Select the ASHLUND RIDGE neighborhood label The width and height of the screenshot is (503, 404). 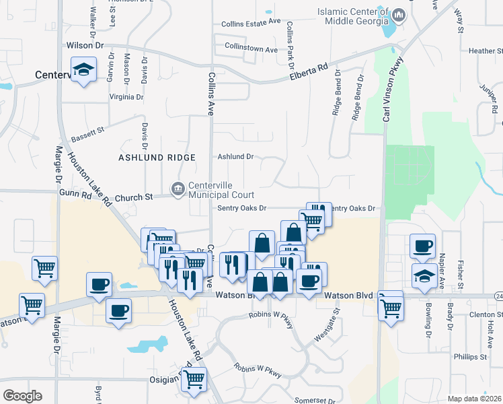(x=157, y=158)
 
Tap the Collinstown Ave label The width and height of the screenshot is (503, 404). (x=251, y=50)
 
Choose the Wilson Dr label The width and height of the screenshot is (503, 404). (x=86, y=45)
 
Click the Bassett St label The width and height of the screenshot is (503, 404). (x=89, y=126)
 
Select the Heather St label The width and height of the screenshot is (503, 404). (x=481, y=50)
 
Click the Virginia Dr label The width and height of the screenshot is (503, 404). (x=126, y=97)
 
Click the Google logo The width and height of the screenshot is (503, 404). (x=23, y=395)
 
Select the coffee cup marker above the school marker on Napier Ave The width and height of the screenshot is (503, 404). (x=422, y=246)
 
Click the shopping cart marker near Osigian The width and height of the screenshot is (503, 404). (x=194, y=380)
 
